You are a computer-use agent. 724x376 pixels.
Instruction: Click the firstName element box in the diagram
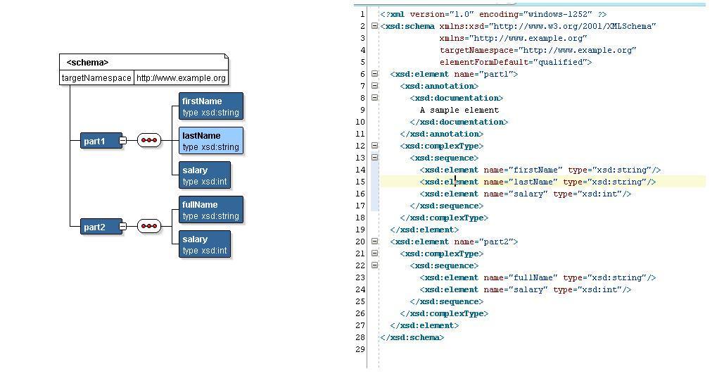coord(211,106)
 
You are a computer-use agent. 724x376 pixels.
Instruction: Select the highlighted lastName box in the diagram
coord(211,141)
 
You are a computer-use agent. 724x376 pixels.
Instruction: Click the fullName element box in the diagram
coord(211,210)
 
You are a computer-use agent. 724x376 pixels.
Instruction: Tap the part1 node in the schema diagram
coord(101,141)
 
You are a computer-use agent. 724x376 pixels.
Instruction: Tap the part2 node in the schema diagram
coord(101,227)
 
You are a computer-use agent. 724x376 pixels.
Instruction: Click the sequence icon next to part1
coord(149,140)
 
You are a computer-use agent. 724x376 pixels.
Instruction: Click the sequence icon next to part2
coord(149,226)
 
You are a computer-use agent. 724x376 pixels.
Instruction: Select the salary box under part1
coord(205,175)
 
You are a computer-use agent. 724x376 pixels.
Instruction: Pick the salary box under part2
coord(205,244)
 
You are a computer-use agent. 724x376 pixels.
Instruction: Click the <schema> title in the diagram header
coord(87,63)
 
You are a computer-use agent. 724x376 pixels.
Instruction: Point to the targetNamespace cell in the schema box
coord(96,78)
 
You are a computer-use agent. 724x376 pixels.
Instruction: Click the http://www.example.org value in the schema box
coord(181,78)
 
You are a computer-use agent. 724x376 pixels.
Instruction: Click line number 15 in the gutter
coord(360,182)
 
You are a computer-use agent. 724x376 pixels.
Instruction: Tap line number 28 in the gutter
coord(360,338)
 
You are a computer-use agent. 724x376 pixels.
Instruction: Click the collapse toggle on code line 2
coord(374,26)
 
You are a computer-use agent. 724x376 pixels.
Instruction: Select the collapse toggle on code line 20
coord(374,241)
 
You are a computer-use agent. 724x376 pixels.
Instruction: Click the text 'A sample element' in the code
coord(459,111)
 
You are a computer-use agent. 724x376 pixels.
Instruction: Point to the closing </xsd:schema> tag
coord(412,338)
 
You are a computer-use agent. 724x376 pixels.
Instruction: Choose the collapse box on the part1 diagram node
coord(122,140)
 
